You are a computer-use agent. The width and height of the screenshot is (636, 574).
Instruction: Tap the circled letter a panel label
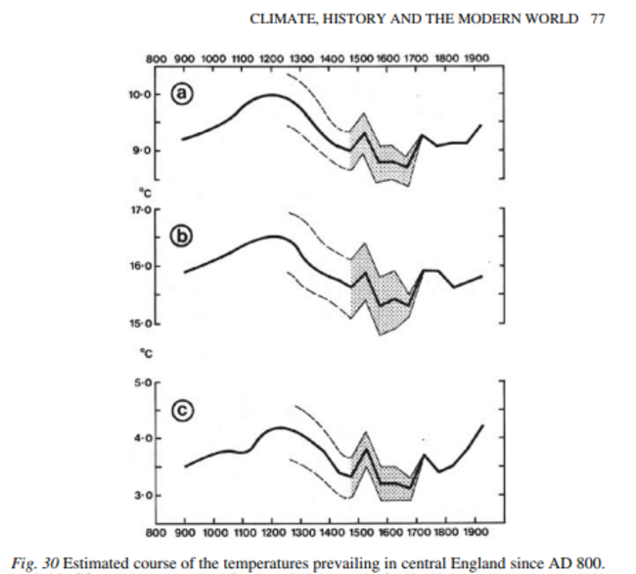tap(182, 95)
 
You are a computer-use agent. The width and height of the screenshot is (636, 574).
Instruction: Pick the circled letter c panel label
tap(183, 412)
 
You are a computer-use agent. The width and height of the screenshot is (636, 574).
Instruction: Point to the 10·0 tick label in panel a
tap(138, 95)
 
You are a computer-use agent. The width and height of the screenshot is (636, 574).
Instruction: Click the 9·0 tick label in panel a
tap(141, 151)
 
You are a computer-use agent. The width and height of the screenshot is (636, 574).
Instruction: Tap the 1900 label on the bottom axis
tap(476, 533)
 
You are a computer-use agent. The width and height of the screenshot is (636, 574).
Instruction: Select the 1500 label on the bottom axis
tap(361, 533)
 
